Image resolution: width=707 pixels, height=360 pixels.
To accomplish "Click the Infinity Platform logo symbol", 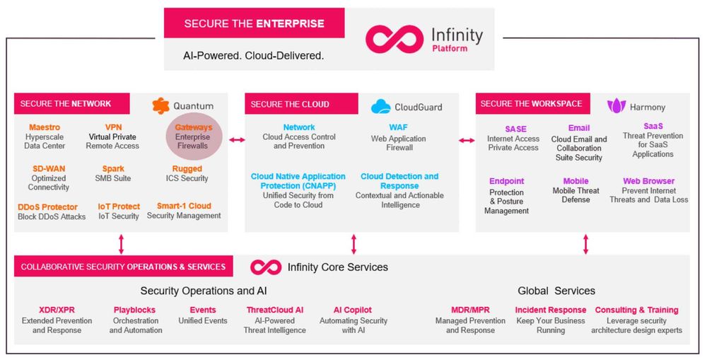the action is click(394, 40).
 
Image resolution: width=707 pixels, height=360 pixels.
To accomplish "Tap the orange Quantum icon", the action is click(160, 105).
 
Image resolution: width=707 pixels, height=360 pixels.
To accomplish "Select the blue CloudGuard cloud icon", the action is click(380, 107).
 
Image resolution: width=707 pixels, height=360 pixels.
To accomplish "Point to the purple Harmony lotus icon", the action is click(617, 106).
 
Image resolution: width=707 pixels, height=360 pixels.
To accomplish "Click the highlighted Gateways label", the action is click(194, 127).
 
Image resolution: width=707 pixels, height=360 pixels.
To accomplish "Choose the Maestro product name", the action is click(44, 127).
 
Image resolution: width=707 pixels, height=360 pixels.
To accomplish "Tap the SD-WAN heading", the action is click(49, 169).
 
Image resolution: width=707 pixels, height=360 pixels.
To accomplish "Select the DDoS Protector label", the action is click(48, 207).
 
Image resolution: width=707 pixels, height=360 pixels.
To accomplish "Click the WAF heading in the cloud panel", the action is click(399, 127).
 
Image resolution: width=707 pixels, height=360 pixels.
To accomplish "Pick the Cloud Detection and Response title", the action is click(399, 181).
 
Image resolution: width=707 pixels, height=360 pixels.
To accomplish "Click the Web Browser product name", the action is click(649, 181).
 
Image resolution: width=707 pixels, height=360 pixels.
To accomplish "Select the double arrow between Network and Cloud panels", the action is click(237, 140).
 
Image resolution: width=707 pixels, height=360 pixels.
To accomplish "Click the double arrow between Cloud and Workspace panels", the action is click(467, 140).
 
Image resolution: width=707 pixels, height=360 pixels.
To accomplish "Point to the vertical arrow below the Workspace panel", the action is click(585, 244).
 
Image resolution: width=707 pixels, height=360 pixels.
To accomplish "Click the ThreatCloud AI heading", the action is click(275, 310).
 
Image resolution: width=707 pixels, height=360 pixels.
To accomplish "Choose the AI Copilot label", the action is click(353, 310).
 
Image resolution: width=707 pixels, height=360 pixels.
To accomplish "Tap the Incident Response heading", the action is click(551, 310).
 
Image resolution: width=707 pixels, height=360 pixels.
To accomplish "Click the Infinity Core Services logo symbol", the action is click(266, 267).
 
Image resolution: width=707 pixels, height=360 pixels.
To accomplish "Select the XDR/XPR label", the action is click(57, 310).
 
